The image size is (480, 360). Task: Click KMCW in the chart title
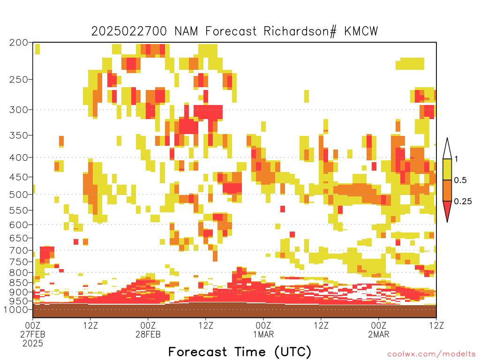coord(361,31)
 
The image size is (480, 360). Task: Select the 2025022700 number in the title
coord(129,31)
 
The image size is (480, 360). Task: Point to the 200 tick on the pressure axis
coord(19,43)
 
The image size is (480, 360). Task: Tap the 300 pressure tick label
coord(19,110)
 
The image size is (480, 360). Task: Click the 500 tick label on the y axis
coord(19,195)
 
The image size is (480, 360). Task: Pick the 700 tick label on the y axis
coord(19,250)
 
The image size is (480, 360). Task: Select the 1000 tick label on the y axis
coord(16,309)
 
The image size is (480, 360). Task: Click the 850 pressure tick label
coord(19,283)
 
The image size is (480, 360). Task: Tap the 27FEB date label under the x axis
coord(33,334)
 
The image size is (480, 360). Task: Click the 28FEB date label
coord(148,334)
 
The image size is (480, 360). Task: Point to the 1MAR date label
coord(263,334)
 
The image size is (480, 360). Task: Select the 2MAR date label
coord(379,334)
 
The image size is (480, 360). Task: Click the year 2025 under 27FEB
coord(33,344)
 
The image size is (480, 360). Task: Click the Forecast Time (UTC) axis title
coord(240,352)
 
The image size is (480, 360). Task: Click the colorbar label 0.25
coord(463,202)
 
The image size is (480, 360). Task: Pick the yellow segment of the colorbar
coord(447,169)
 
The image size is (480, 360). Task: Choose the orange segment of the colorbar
coord(447,190)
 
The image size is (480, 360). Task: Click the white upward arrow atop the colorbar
coord(447,149)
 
